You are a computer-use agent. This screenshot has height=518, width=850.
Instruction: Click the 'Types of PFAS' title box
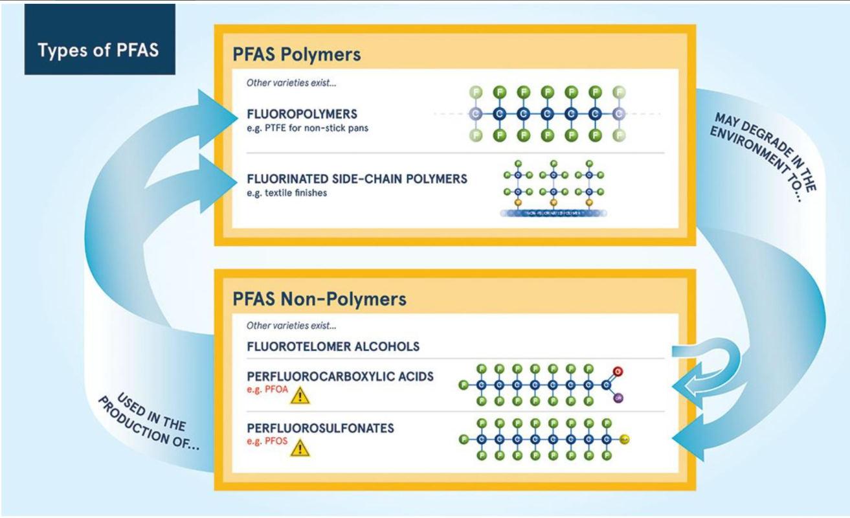pyautogui.click(x=98, y=50)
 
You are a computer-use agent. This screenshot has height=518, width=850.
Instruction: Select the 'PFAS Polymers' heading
pyautogui.click(x=296, y=55)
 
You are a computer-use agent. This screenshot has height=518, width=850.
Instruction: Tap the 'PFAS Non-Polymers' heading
pyautogui.click(x=319, y=299)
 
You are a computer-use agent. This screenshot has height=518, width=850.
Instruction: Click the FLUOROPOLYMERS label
pyautogui.click(x=302, y=115)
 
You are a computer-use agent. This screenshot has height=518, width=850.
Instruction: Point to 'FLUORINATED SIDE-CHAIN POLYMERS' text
pyautogui.click(x=357, y=179)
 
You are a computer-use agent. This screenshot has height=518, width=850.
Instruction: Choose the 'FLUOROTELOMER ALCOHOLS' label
pyautogui.click(x=333, y=346)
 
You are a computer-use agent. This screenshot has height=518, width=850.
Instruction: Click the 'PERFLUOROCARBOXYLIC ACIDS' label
pyautogui.click(x=340, y=376)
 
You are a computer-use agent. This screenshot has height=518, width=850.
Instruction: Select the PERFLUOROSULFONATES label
pyautogui.click(x=320, y=428)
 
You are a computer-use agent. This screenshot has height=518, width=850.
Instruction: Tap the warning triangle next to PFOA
pyautogui.click(x=300, y=394)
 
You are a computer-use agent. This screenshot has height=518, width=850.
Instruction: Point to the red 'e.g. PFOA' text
pyautogui.click(x=265, y=389)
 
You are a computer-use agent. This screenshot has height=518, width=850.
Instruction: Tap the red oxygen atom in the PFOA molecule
pyautogui.click(x=618, y=372)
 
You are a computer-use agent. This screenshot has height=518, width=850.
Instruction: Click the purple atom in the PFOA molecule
pyautogui.click(x=618, y=398)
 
